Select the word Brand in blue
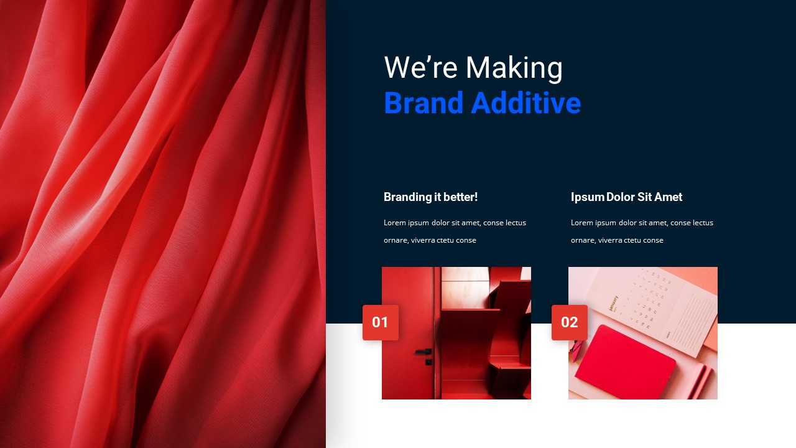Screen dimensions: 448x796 point(423,103)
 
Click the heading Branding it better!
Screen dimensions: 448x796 point(430,197)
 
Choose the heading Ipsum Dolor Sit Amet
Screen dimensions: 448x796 point(626,197)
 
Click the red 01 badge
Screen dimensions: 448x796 point(381,322)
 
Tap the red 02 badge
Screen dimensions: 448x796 point(570,322)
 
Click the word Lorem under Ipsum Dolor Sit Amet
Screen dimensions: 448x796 point(581,223)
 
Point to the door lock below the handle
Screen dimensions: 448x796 point(428,362)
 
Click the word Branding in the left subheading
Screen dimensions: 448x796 point(407,197)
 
